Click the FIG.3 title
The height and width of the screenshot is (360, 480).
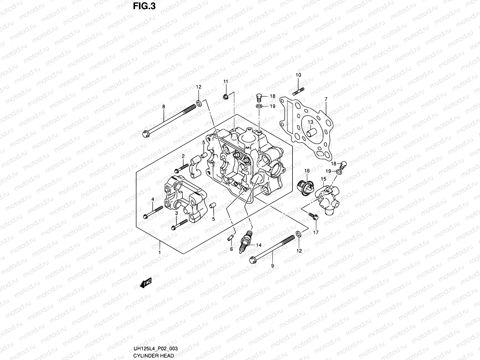click(x=144, y=6)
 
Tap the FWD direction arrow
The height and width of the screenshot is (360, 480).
click(x=145, y=283)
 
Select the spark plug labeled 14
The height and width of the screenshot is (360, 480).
click(x=245, y=241)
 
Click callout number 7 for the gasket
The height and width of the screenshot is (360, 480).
click(x=326, y=99)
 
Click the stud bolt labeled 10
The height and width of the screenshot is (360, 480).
click(x=298, y=91)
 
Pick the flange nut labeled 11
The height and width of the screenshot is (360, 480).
click(x=226, y=96)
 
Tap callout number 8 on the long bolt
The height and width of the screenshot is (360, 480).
click(x=163, y=107)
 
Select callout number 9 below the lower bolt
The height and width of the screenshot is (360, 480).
click(x=272, y=266)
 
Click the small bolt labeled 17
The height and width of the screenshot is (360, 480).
click(x=313, y=216)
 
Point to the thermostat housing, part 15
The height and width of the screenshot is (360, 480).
click(x=327, y=199)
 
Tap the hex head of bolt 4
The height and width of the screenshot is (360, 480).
click(x=145, y=216)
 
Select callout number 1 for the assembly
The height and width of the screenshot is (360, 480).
click(x=160, y=253)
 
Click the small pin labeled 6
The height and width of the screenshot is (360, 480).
click(x=230, y=238)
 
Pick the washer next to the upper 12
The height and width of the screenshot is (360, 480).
click(x=199, y=103)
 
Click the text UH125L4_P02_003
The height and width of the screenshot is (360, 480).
click(x=155, y=348)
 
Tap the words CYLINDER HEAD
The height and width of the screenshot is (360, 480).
click(x=154, y=355)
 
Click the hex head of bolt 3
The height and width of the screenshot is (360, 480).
click(x=173, y=228)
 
